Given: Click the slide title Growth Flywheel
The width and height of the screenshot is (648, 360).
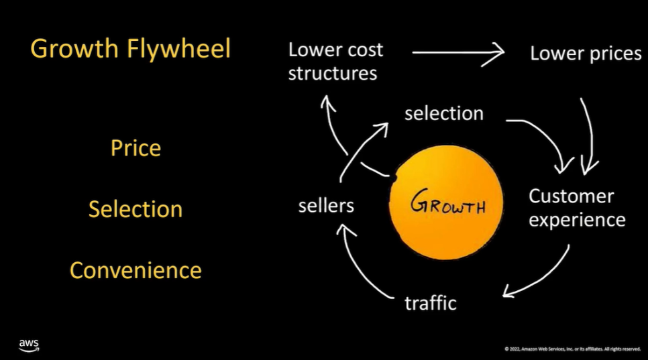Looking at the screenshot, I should point(131,49).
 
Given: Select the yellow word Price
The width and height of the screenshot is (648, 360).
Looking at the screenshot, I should point(136,147).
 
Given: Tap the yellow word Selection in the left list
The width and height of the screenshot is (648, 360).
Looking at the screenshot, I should point(136,208).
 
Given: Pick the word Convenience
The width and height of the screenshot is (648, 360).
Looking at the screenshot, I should point(136,270).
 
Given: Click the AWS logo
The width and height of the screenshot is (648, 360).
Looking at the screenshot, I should point(29,345).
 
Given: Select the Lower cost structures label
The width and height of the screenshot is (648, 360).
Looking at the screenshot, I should point(335,61).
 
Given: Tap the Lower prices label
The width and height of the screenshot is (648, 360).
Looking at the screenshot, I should point(585,54).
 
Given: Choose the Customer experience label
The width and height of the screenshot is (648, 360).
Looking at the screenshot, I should point(576,208).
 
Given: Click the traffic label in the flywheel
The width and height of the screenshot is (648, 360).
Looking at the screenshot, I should point(430,303).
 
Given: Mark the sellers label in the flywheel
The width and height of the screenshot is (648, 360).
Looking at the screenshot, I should point(326,205).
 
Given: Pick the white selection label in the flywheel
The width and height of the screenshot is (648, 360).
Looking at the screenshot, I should point(443,113).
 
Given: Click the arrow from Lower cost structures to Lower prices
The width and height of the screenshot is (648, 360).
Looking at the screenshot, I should point(458,52).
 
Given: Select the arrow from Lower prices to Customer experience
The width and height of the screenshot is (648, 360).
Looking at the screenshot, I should point(589,134).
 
